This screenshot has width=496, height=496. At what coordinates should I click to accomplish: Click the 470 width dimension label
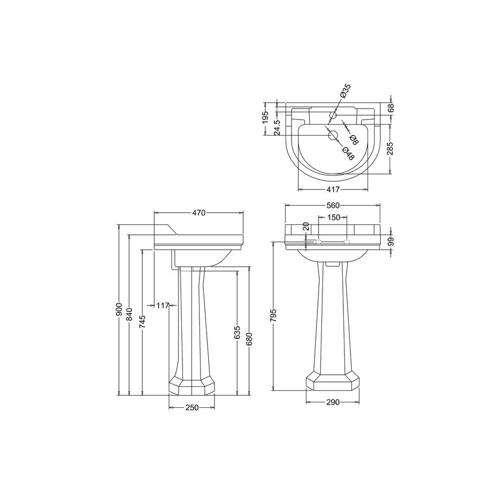coord(198,213)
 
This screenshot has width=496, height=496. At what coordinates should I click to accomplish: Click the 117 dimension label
coord(163,305)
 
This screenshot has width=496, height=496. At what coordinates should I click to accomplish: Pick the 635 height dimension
coord(238,333)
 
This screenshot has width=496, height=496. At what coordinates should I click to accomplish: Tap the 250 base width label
coord(192,407)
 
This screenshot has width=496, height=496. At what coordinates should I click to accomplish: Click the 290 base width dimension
coord(332,402)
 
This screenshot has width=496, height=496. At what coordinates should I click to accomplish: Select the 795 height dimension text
coord(273,315)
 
